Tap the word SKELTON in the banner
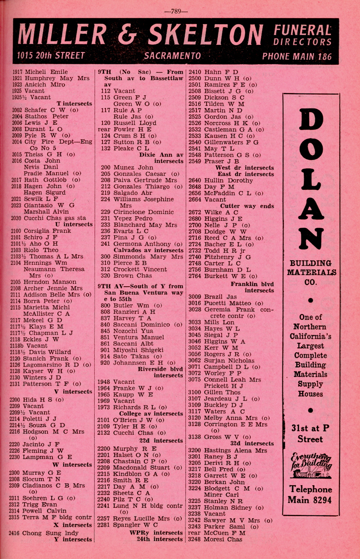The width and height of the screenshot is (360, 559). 205,35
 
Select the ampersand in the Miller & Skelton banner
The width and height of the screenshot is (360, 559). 127,35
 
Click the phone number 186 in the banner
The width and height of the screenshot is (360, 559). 324,57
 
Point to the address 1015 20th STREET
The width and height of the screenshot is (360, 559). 51,56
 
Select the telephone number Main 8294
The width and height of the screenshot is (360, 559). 309,500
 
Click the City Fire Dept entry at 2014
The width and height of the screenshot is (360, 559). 51,142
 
